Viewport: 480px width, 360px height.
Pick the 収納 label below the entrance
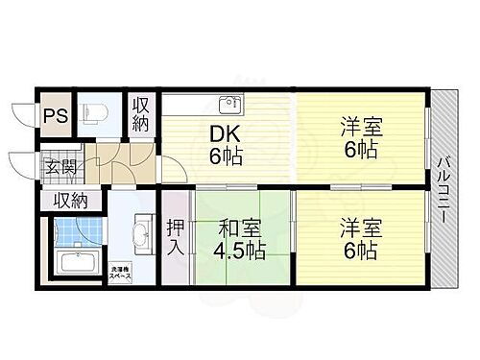tap(69, 201)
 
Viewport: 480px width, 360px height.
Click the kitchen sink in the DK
tap(228, 105)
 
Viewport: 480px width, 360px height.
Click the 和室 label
tap(232, 229)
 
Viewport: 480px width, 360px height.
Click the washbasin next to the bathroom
tap(139, 233)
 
